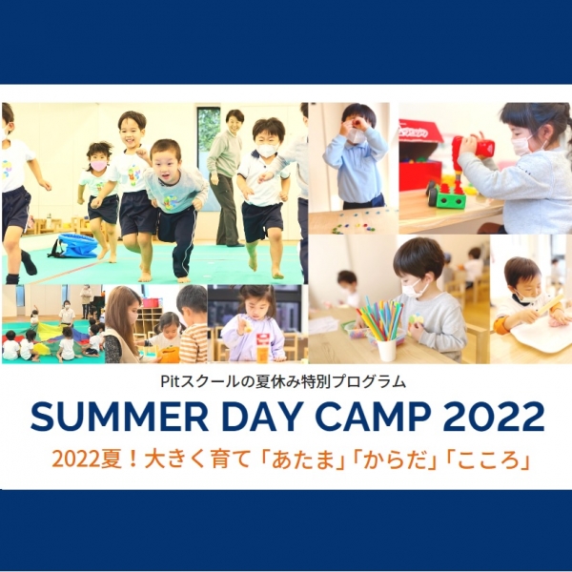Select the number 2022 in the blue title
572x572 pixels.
[494, 417]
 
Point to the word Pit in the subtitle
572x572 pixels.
[169, 381]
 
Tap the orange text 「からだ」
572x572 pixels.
[395, 460]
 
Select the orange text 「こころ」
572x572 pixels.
[488, 460]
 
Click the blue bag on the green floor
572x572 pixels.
[74, 245]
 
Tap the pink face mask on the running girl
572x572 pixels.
[98, 166]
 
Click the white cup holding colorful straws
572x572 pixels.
[386, 350]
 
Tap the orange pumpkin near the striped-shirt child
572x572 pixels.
[169, 355]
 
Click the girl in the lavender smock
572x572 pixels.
[252, 324]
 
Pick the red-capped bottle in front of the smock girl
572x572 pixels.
[261, 348]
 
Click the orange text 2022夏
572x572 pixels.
[88, 460]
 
